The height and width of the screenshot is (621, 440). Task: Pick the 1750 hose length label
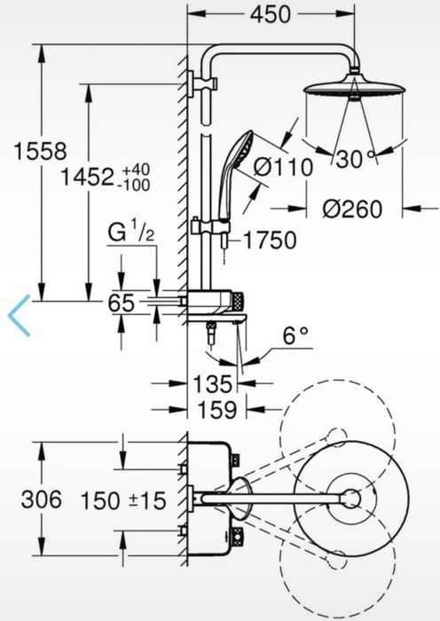268,239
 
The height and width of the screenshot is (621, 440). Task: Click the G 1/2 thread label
131,233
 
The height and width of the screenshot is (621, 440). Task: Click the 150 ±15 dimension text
124,500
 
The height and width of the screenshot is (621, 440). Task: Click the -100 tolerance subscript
137,184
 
